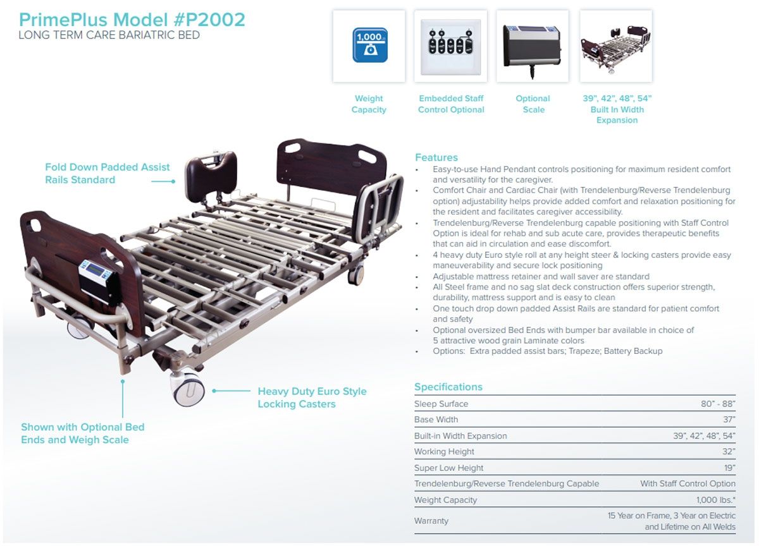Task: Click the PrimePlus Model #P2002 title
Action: [132, 20]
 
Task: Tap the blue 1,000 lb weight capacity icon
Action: [370, 45]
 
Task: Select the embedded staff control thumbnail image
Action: [450, 47]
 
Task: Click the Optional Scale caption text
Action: [533, 104]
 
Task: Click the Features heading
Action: [436, 157]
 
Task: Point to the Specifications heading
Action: [448, 387]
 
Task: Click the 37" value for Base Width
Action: [729, 420]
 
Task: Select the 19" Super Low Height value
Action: [729, 468]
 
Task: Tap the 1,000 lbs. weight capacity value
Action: [715, 500]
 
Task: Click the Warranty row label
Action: [431, 521]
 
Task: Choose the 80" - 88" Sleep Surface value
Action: [718, 404]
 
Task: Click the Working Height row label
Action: [444, 452]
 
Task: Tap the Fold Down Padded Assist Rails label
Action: [107, 173]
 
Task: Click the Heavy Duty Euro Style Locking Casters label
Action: [312, 397]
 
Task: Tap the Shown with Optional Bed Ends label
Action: [83, 434]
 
